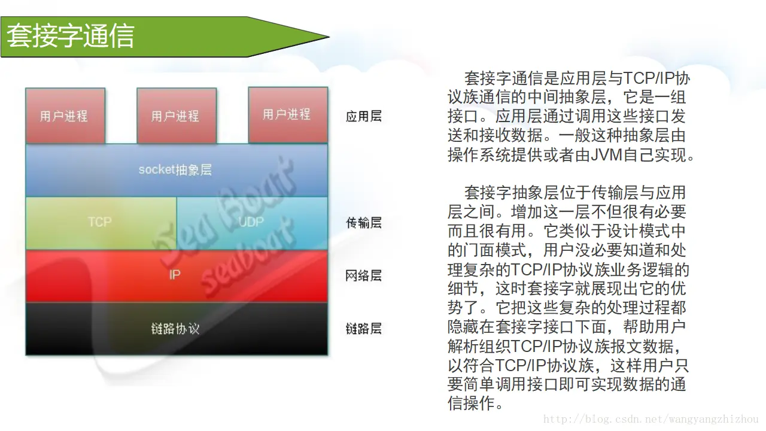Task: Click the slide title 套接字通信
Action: (71, 37)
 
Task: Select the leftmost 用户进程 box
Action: (65, 116)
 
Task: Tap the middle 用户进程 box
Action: (176, 116)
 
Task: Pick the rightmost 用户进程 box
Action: (287, 114)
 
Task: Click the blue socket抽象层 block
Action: (176, 170)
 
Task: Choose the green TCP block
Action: (100, 222)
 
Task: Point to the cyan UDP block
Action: (252, 222)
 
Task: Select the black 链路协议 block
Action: (175, 329)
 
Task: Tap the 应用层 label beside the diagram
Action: (364, 116)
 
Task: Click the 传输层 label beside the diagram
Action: (364, 223)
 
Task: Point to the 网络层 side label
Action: (364, 275)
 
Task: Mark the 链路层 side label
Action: (364, 329)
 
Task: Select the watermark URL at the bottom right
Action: (651, 420)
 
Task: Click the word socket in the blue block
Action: (156, 170)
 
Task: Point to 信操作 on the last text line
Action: (472, 403)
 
